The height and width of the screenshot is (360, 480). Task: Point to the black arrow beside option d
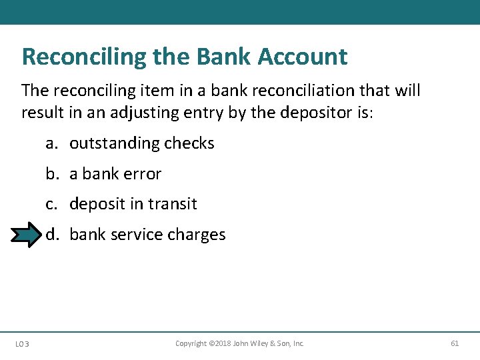(x=27, y=235)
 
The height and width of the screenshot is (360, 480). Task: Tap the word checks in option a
(x=189, y=143)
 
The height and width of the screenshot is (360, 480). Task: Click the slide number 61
(x=455, y=343)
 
